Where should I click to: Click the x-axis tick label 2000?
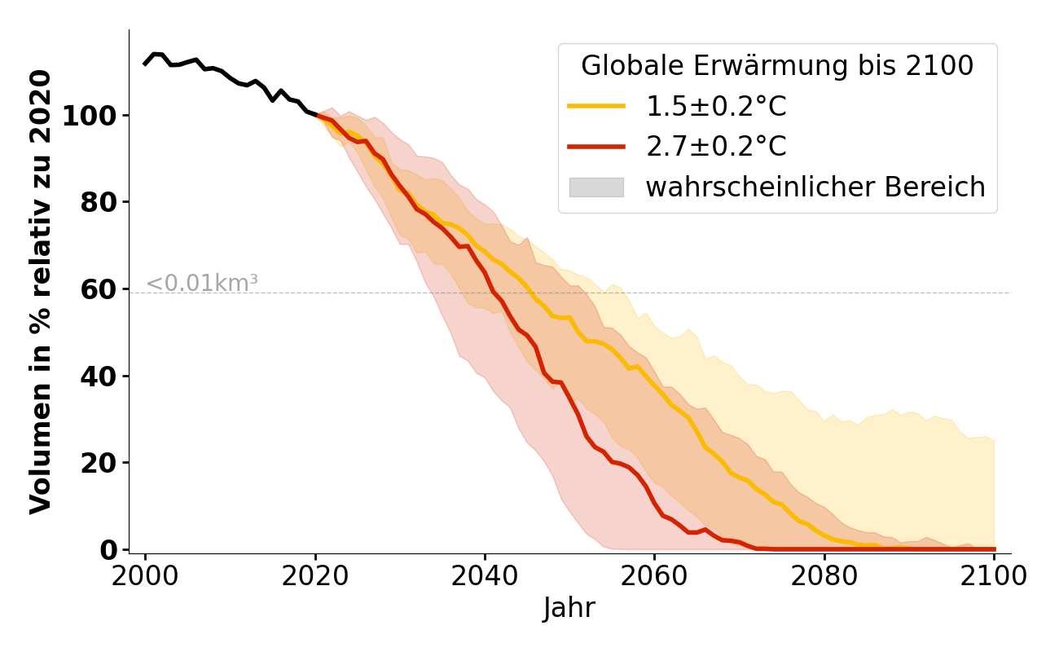coord(145,576)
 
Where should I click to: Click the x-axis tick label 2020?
coord(314,576)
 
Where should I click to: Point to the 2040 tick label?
coord(484,576)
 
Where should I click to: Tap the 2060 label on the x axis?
coord(654,576)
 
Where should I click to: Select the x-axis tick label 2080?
coord(824,576)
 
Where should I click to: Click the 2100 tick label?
coord(993,576)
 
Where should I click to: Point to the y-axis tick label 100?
coord(89,116)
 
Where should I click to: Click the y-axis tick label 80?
coord(98,202)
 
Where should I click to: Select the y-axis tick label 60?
coord(98,289)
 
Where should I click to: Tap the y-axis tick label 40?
coord(98,377)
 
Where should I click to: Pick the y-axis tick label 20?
coord(98,463)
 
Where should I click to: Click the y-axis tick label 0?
coord(108,550)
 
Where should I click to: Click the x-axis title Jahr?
coord(569,609)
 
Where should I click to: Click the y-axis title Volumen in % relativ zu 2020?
coord(41,292)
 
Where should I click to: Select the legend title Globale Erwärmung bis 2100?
coord(777,66)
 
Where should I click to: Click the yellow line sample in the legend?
coord(596,106)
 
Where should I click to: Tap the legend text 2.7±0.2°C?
coord(716,147)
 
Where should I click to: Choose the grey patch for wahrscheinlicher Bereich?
coord(596,187)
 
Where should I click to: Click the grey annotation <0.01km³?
coord(202,284)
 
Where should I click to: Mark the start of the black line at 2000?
coord(145,64)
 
